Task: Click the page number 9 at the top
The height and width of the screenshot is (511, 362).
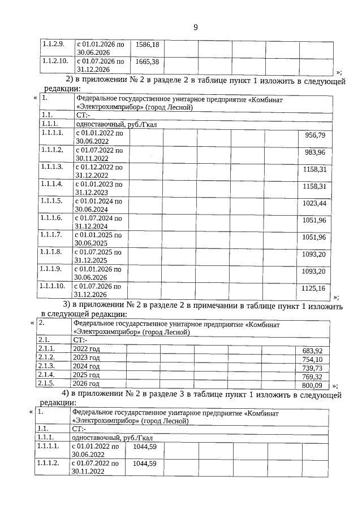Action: [x=195, y=27]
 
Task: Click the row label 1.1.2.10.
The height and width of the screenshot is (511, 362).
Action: [x=55, y=60]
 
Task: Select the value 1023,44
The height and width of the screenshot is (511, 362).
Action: [x=314, y=203]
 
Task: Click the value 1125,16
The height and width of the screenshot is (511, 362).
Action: [x=314, y=288]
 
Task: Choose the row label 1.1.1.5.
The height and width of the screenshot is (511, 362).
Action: [x=51, y=202]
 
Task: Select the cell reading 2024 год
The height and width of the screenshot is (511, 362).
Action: [x=87, y=366]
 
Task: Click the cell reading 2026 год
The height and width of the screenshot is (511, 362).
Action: [x=87, y=383]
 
